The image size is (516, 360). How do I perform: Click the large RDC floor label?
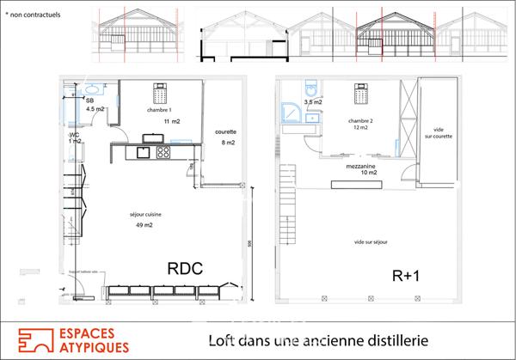click(185, 269)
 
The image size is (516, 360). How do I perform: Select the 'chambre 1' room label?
click(158, 110)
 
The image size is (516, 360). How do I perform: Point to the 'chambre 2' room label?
click(359, 121)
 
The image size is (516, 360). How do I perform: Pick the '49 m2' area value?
click(144, 225)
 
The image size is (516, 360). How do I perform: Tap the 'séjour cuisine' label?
click(144, 214)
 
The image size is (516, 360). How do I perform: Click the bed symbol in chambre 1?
click(158, 90)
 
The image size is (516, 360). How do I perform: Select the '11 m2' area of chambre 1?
click(172, 122)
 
